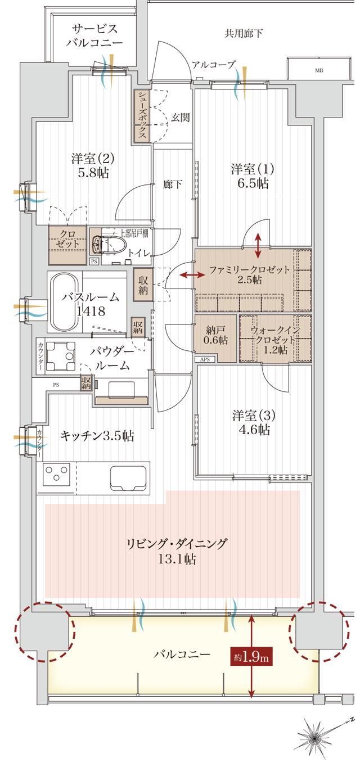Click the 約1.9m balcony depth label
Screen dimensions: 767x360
[251, 656]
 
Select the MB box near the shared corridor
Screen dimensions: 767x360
[319, 71]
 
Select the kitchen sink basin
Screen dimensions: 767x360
[129, 477]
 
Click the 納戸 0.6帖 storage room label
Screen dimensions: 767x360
[216, 334]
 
